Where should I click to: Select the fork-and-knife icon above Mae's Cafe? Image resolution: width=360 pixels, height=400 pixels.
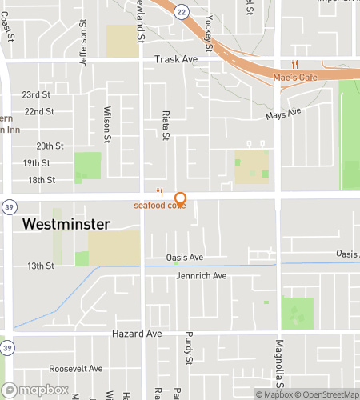(294, 64)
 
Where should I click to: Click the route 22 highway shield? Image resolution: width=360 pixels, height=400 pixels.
(182, 10)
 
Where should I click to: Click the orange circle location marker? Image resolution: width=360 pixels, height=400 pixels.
(180, 198)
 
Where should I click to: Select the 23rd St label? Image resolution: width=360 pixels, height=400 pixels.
(38, 94)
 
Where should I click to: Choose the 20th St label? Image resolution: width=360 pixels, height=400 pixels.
(50, 146)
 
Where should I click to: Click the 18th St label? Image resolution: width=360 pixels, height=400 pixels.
(40, 180)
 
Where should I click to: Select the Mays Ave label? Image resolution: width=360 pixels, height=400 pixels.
(283, 115)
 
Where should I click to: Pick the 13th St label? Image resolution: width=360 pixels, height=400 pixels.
(40, 266)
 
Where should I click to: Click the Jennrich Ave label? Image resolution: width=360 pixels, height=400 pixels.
(202, 276)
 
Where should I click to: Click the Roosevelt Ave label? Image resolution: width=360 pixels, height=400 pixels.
(76, 369)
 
